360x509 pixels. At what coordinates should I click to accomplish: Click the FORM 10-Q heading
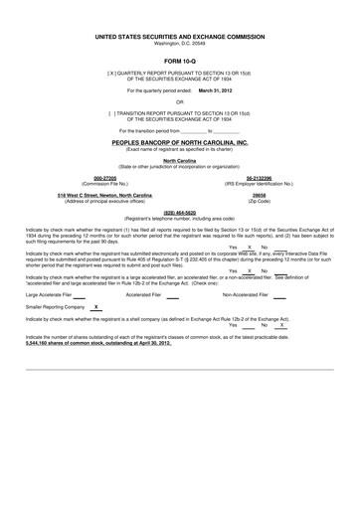(179, 62)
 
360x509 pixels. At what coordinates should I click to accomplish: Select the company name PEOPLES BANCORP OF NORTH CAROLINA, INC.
(179, 142)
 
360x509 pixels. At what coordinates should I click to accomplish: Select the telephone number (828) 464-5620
(179, 212)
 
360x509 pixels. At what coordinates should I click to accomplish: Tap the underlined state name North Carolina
(179, 160)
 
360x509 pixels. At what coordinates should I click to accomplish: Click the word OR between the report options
(179, 100)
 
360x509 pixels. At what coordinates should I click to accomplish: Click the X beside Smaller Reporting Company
(94, 309)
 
